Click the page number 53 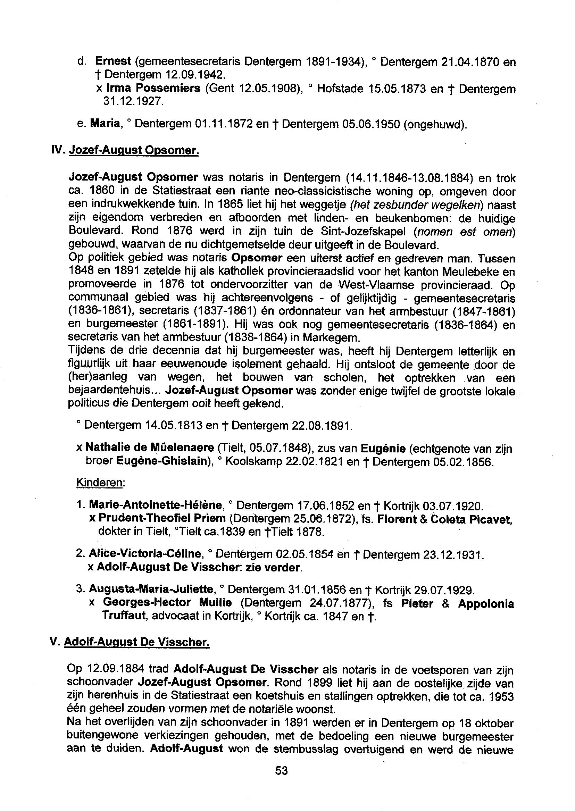coord(282,770)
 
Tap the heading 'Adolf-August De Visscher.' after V coord(137,642)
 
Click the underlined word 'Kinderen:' coord(100,483)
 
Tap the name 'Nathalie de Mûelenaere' coord(150,448)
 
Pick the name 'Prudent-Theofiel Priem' coord(162,518)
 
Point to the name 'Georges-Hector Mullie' coord(167,602)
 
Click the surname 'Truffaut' coord(124,616)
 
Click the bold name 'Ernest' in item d coord(113,61)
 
